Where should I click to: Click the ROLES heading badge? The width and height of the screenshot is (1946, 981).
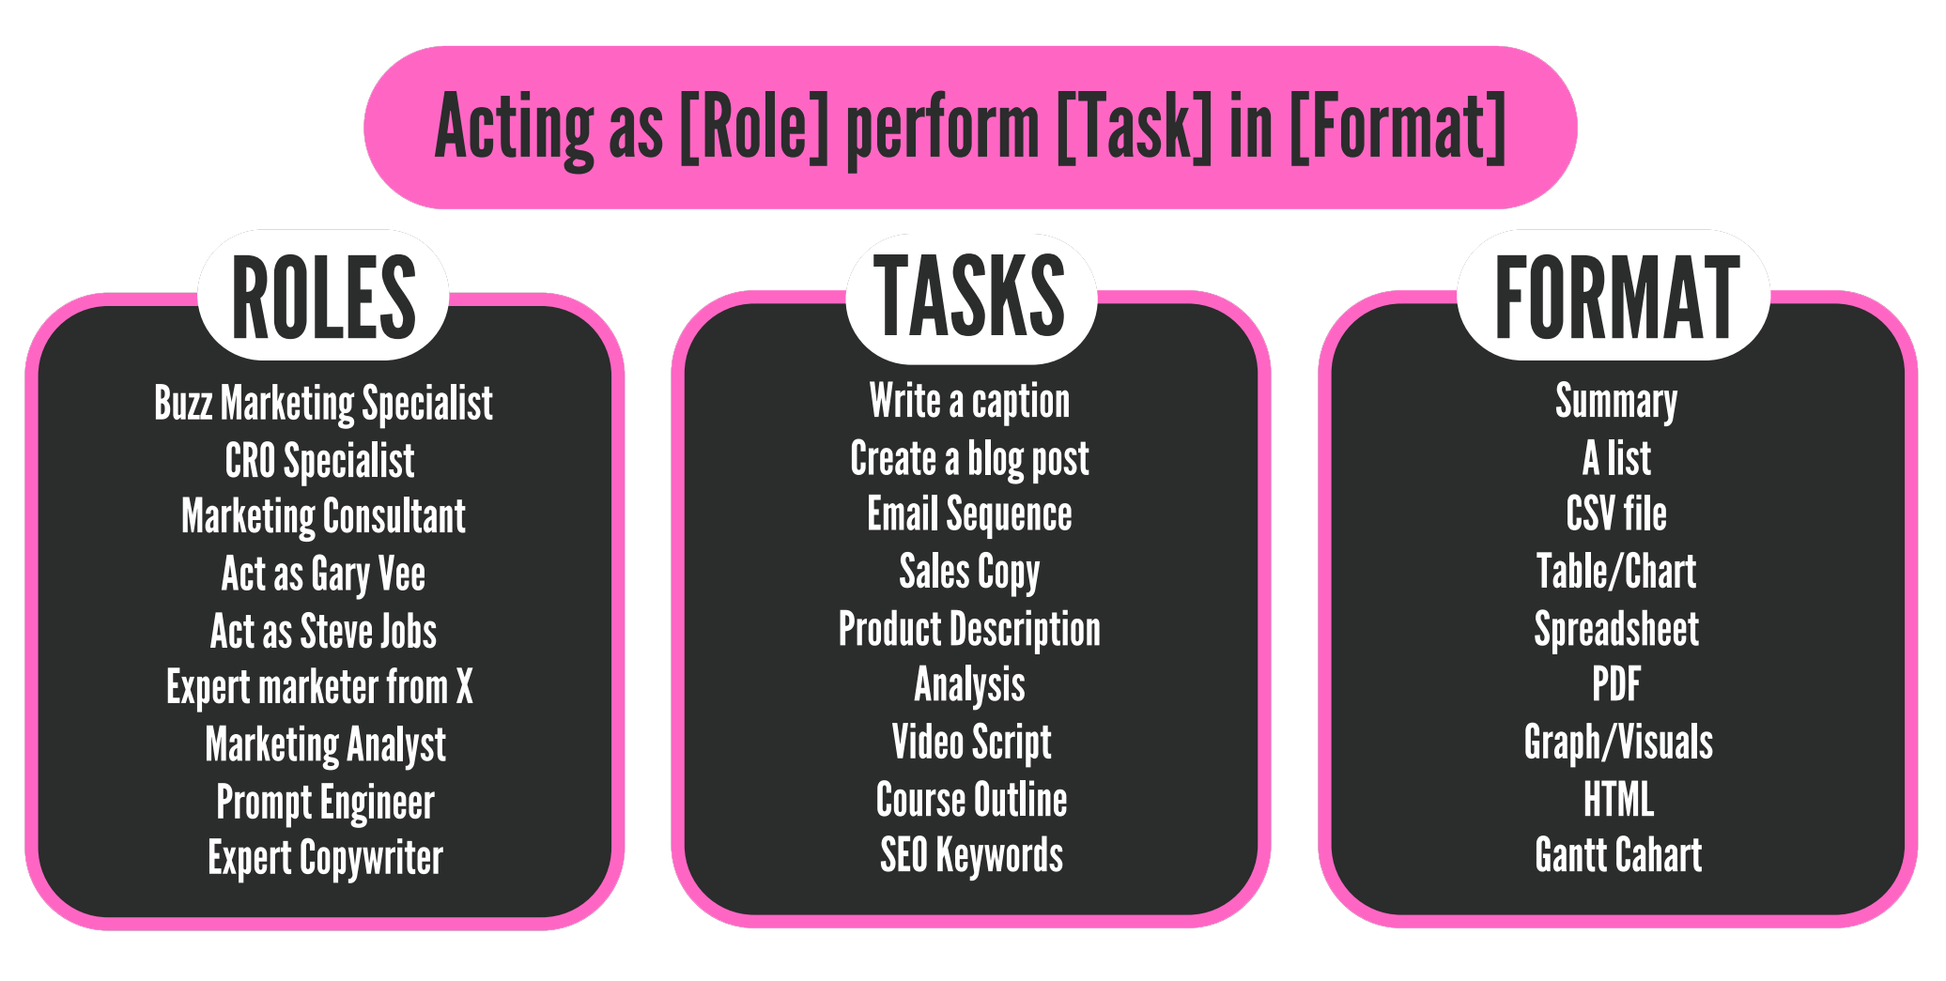(323, 297)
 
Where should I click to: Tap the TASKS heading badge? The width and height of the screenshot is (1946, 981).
(970, 297)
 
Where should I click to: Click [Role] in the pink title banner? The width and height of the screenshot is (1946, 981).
(753, 128)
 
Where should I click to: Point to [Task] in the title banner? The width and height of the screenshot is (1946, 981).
(1134, 128)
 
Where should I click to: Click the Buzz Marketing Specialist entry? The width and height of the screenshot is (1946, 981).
(323, 404)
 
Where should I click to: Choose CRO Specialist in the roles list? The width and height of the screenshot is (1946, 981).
(319, 461)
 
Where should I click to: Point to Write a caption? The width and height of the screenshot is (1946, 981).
(969, 402)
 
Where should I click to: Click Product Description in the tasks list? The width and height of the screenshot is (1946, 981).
(969, 629)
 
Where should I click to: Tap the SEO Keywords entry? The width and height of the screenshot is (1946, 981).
(971, 856)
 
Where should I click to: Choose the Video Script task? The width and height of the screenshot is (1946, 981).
(971, 743)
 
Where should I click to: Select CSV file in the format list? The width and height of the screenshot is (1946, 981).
(1616, 514)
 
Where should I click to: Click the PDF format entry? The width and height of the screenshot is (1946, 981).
(1616, 684)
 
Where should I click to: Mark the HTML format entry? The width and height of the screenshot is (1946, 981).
(1618, 800)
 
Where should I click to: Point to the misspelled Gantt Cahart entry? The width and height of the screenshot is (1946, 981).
(1618, 856)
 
